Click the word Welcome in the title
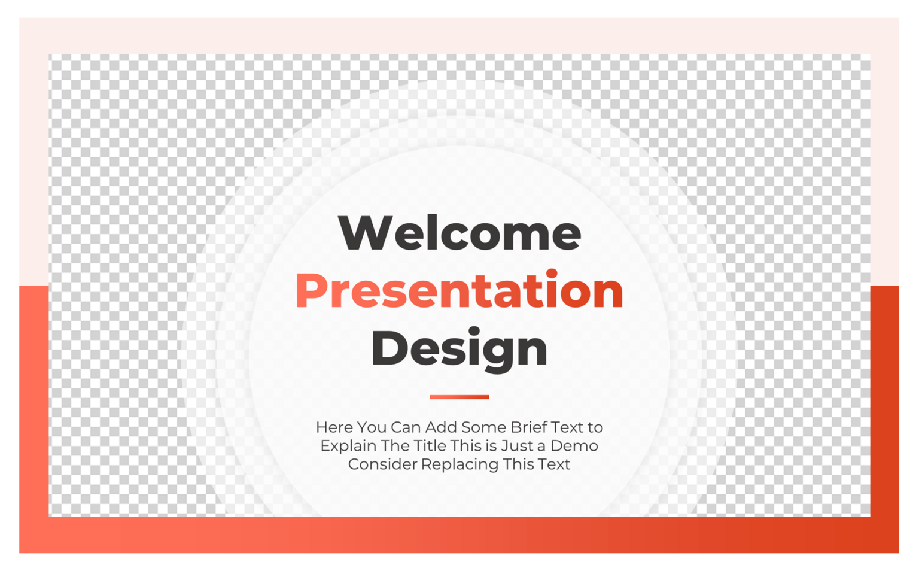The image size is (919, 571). coord(459,233)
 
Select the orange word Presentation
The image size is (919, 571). coord(459,291)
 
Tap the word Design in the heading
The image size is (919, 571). coord(459,348)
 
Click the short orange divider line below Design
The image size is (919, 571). coord(459,396)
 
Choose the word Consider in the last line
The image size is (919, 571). coord(382,464)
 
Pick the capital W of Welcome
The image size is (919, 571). coord(363,233)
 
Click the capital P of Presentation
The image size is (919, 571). coord(312,291)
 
